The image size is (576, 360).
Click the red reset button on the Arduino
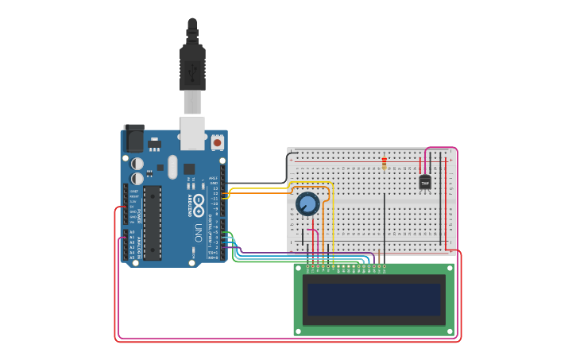[x=217, y=142]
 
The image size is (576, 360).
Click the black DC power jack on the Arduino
[x=133, y=140]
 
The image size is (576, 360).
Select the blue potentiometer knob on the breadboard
[x=307, y=204]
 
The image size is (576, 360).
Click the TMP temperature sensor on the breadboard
[x=425, y=182]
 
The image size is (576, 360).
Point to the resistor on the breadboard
[x=385, y=163]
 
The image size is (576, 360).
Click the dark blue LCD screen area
[x=373, y=300]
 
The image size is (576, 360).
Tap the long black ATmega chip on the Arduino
[x=152, y=223]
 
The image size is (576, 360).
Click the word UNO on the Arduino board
[x=197, y=231]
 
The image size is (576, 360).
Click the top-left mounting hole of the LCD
[x=299, y=269]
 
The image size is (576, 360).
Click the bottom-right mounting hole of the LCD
[x=449, y=330]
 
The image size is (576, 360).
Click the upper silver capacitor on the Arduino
[x=137, y=164]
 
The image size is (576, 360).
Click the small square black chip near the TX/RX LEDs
[x=189, y=168]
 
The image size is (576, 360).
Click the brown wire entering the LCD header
[x=379, y=258]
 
